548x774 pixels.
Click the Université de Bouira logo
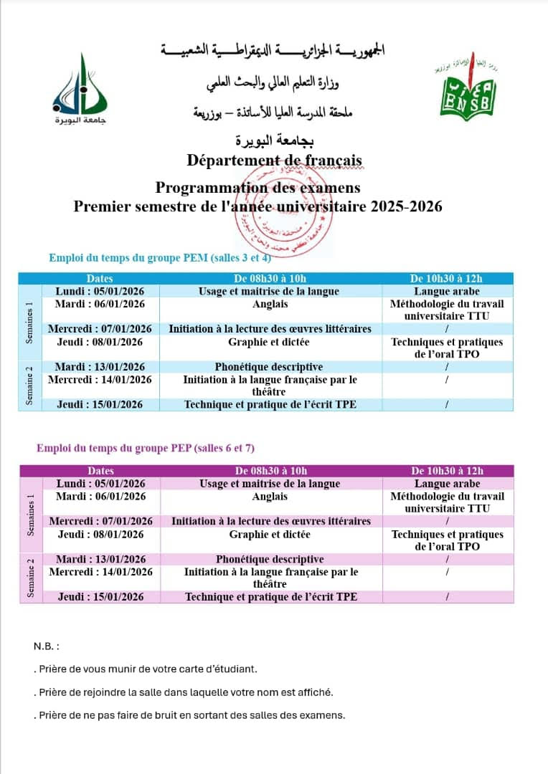tap(80, 90)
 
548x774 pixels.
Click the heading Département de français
tap(274, 160)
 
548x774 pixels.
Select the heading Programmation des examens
tap(258, 188)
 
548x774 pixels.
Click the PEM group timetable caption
tap(160, 258)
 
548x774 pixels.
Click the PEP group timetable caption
tap(146, 449)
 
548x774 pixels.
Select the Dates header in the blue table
tap(100, 279)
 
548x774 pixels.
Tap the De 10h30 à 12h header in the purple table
tap(447, 471)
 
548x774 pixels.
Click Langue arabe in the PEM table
tap(447, 292)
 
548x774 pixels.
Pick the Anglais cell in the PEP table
tap(270, 496)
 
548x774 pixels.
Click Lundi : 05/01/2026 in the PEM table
tap(100, 292)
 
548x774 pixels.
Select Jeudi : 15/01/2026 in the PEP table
tap(101, 596)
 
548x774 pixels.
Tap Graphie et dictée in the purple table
tap(270, 534)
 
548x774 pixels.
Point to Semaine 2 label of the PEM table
tap(29, 386)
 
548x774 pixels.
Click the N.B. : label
tap(46, 646)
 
